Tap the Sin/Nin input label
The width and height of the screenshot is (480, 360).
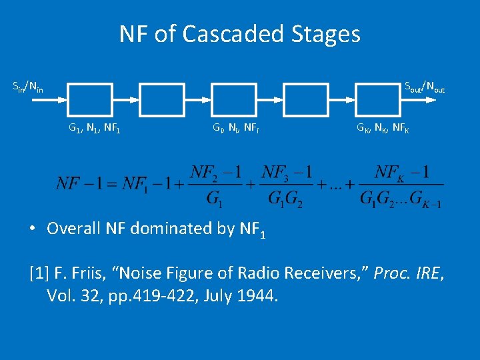[28, 87]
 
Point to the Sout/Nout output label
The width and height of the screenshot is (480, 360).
[425, 87]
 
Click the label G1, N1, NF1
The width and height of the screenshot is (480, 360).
[94, 127]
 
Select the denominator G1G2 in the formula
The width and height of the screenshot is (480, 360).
[286, 199]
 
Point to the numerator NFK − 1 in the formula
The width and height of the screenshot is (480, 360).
[401, 173]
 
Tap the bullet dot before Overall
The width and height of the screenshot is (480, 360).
[33, 228]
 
